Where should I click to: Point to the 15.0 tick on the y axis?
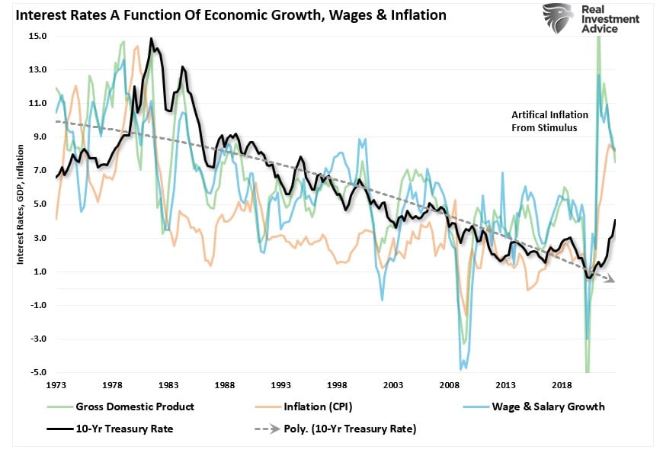[37, 36]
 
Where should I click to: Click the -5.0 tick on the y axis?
[37, 372]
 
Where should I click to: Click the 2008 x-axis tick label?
[450, 387]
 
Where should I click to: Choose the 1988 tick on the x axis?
[225, 387]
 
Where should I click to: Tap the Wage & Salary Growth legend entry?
[539, 406]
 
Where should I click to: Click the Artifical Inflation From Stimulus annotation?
[549, 121]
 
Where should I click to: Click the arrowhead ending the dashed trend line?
[611, 281]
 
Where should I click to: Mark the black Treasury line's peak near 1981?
[151, 39]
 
